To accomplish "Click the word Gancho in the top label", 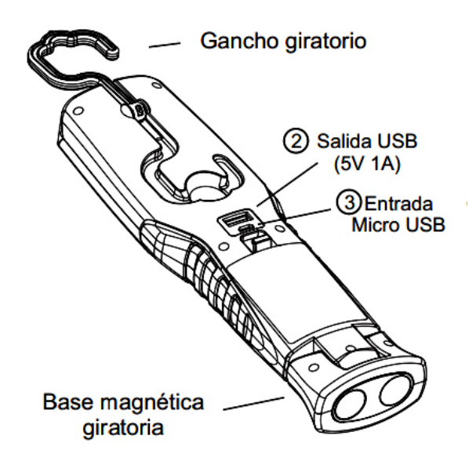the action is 241,41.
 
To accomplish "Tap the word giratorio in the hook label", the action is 326,42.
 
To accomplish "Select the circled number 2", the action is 296,141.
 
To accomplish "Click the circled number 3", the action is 349,202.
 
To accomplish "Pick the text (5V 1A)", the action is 367,164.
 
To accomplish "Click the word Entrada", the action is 398,204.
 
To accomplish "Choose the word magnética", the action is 152,403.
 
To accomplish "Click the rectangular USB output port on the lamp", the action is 235,220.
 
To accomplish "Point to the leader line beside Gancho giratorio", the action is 165,45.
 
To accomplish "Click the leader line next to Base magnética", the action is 253,404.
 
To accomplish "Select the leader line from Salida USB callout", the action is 287,184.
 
